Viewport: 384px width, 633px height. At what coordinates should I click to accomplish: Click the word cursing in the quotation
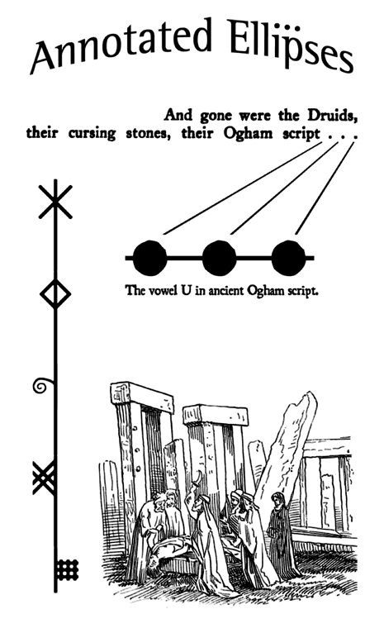click(92, 134)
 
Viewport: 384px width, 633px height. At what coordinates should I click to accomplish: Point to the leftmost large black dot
click(149, 258)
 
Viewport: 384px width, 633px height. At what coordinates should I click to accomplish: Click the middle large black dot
click(219, 258)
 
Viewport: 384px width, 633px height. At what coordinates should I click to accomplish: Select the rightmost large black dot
click(288, 258)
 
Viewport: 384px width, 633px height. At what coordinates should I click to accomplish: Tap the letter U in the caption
click(186, 290)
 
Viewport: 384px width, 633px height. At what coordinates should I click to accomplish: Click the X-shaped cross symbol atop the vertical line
click(55, 202)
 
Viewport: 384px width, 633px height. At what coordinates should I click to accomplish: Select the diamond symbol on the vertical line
click(55, 294)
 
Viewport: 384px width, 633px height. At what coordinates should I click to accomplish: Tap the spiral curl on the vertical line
click(42, 386)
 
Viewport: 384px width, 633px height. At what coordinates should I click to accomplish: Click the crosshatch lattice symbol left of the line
click(44, 478)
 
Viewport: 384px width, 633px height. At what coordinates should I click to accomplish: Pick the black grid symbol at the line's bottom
click(67, 569)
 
